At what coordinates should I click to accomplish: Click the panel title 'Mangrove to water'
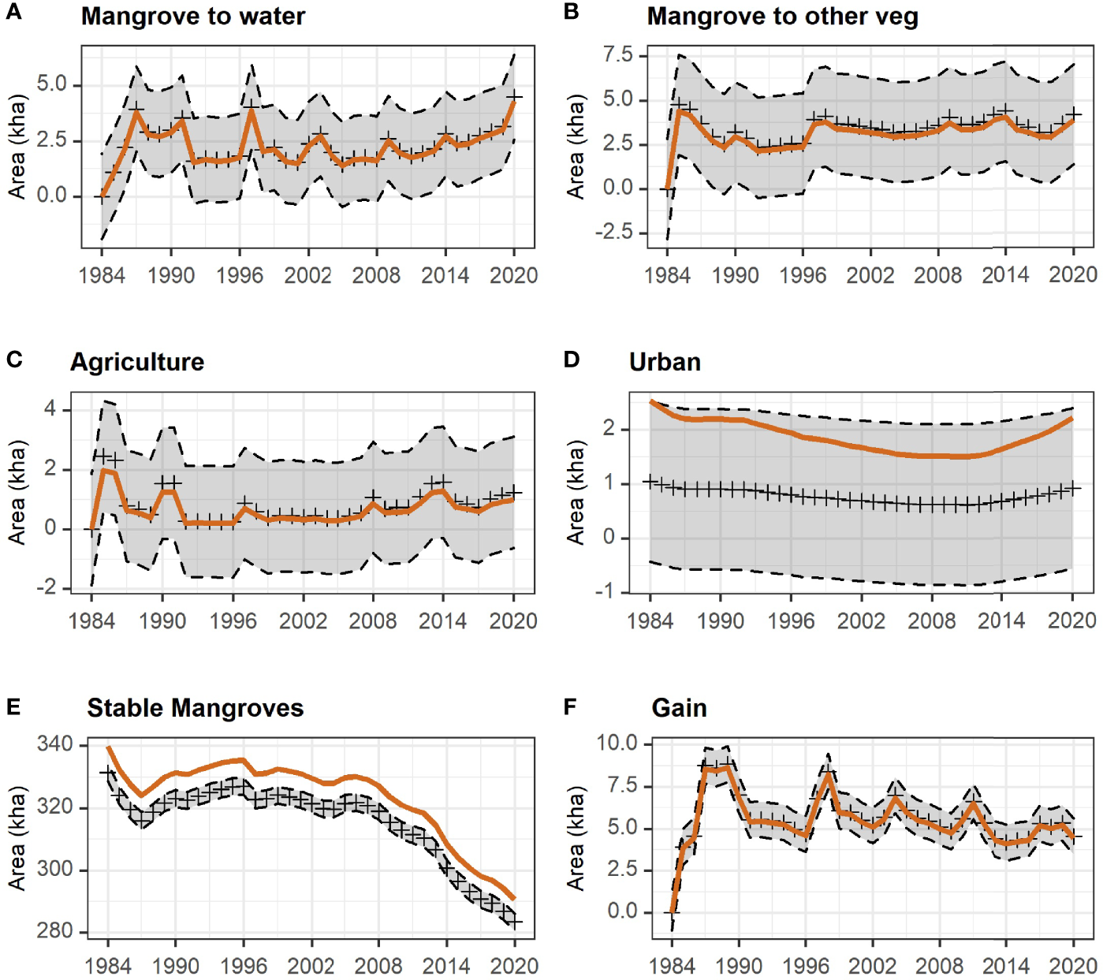click(193, 17)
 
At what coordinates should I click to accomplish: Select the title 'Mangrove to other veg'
click(782, 17)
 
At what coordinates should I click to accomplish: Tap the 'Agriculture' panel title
click(137, 362)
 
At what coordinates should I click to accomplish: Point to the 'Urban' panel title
click(665, 362)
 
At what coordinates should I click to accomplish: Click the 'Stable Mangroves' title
click(195, 708)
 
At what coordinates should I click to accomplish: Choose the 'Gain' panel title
click(679, 708)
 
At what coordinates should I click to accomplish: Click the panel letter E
click(13, 706)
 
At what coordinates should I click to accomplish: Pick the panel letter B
click(572, 12)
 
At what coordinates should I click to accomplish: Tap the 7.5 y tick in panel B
click(618, 54)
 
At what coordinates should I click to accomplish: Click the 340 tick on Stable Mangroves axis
click(54, 744)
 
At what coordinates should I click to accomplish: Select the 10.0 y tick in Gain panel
click(617, 743)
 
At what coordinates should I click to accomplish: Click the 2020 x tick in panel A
click(513, 275)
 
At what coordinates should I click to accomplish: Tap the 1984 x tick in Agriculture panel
click(91, 620)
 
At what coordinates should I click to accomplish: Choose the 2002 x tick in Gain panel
click(872, 966)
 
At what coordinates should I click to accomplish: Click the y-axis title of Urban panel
click(576, 493)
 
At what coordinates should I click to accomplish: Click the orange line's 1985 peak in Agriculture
click(103, 470)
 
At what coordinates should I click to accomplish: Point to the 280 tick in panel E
click(54, 931)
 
